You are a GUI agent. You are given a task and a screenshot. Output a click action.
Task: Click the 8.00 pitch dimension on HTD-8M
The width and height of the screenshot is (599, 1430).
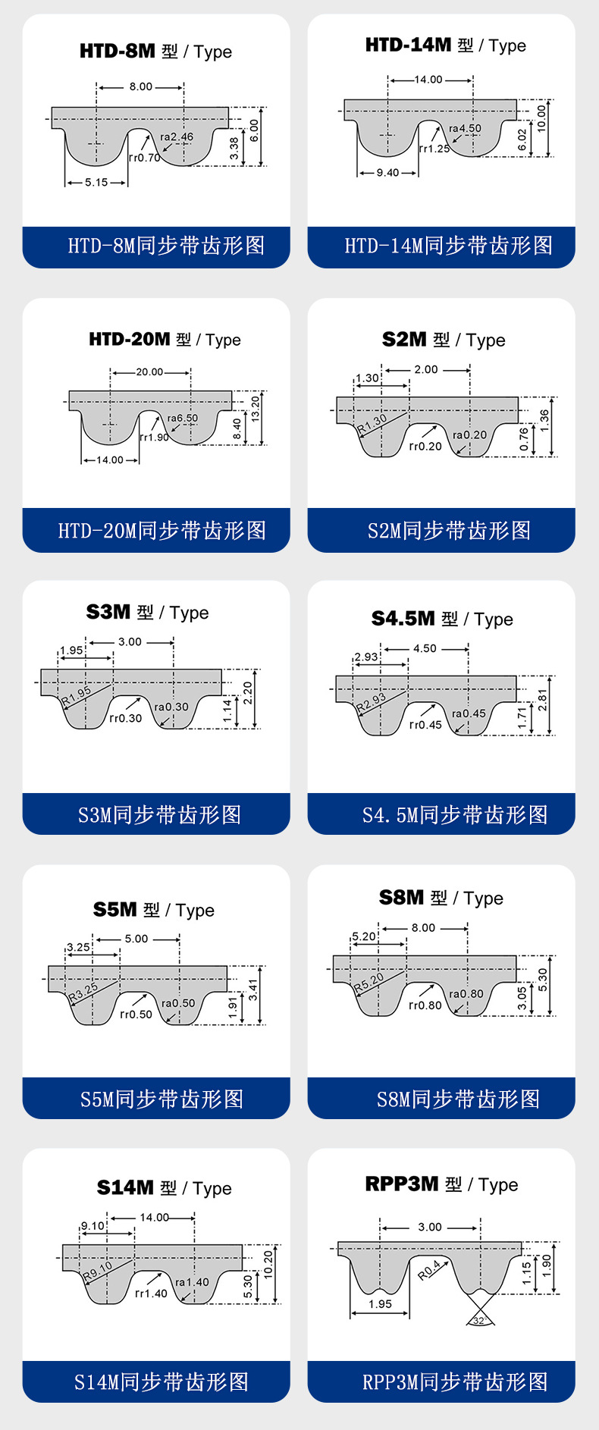(x=140, y=86)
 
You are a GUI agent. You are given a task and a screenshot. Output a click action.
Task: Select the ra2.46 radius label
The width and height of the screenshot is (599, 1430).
(x=177, y=137)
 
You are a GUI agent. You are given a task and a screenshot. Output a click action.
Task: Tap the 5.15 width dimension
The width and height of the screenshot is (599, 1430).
(x=96, y=182)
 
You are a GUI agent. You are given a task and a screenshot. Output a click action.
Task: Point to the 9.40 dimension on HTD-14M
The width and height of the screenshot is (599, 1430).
(x=387, y=173)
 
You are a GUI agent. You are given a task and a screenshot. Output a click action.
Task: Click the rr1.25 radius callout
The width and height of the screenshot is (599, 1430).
(x=434, y=149)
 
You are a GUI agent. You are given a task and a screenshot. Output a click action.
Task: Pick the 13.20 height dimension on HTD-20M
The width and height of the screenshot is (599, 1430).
(x=256, y=406)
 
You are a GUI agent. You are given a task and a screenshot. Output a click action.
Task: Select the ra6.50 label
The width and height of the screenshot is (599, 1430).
(x=183, y=418)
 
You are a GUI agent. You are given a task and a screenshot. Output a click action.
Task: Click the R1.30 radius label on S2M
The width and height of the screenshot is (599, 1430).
(x=372, y=423)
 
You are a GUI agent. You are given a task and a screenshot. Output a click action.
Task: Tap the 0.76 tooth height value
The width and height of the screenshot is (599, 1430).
(x=524, y=439)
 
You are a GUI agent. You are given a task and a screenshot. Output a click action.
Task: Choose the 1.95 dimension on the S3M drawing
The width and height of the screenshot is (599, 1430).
(x=71, y=651)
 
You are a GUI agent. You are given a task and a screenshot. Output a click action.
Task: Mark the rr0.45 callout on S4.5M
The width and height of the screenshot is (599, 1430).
(x=425, y=725)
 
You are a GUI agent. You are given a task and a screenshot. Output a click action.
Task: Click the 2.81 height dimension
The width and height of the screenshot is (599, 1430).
(x=542, y=700)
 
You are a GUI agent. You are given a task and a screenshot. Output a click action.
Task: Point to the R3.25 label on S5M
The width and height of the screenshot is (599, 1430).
(x=83, y=993)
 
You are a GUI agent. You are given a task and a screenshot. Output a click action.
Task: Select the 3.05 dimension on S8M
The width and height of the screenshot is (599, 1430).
(x=522, y=998)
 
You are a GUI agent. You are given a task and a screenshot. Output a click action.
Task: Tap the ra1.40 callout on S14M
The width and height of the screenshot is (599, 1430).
(x=192, y=1282)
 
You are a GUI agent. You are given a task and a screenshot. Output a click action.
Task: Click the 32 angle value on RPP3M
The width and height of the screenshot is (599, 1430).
(x=478, y=1321)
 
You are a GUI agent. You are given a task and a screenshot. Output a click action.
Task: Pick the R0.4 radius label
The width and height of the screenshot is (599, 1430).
(x=429, y=1270)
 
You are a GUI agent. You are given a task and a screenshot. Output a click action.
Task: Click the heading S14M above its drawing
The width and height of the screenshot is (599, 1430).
(x=125, y=1187)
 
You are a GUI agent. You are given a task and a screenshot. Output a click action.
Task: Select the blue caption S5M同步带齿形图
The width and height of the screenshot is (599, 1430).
(x=162, y=1099)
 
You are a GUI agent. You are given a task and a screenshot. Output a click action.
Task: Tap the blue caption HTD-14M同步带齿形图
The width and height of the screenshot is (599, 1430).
(x=448, y=246)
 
